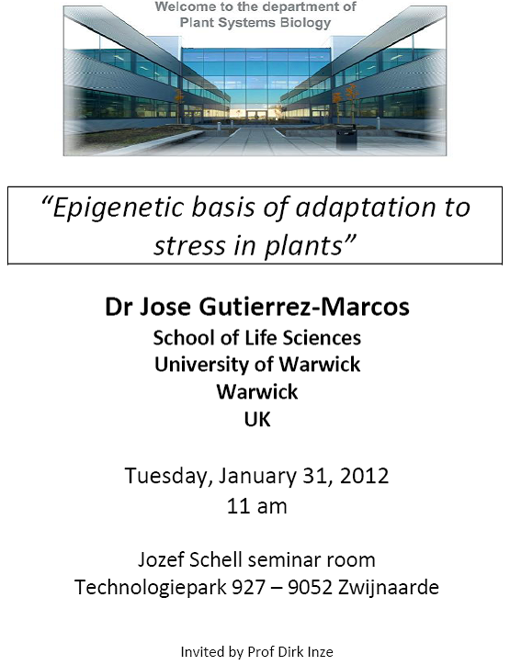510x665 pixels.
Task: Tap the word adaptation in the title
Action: pyautogui.click(x=366, y=208)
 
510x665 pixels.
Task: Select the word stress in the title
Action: pyautogui.click(x=189, y=246)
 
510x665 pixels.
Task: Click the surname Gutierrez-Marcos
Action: pyautogui.click(x=304, y=307)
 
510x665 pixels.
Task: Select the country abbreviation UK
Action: pyautogui.click(x=257, y=419)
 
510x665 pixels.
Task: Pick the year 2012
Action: pyautogui.click(x=364, y=476)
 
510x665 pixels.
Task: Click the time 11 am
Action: pyautogui.click(x=256, y=506)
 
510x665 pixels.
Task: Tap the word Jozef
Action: pyautogui.click(x=161, y=559)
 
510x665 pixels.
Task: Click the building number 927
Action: pyautogui.click(x=249, y=588)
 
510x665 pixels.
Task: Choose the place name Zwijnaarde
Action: pyautogui.click(x=389, y=588)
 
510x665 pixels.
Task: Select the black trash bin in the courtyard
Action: pyautogui.click(x=346, y=137)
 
